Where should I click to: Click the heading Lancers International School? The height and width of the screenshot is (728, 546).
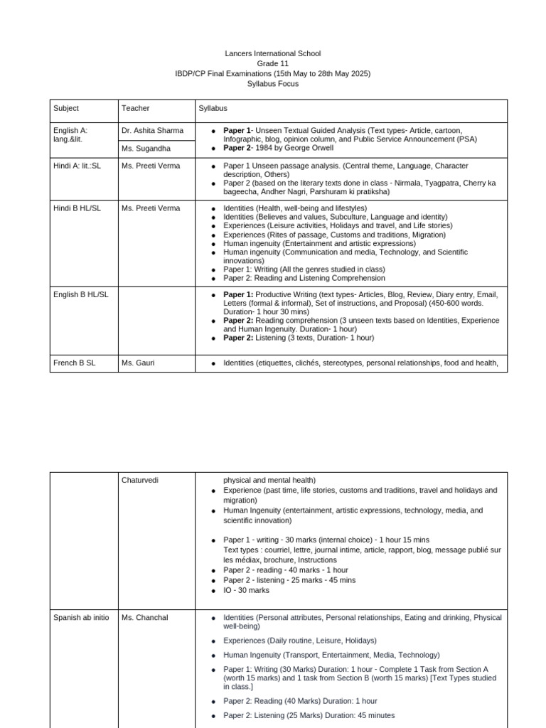click(x=273, y=53)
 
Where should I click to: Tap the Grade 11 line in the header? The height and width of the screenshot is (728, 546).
click(x=273, y=63)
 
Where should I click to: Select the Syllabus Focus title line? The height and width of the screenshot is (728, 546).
click(x=273, y=83)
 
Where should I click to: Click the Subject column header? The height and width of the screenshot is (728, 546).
click(x=66, y=108)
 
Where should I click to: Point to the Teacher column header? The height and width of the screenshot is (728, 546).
click(x=136, y=108)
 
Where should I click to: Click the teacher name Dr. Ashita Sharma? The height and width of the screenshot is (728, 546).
click(x=152, y=130)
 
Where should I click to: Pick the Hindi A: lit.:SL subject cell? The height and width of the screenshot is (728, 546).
click(x=77, y=166)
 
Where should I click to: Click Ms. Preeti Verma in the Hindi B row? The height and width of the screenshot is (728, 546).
click(x=151, y=208)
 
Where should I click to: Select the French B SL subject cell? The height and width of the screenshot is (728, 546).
click(x=74, y=363)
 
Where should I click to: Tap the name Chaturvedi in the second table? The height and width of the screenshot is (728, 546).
click(x=140, y=480)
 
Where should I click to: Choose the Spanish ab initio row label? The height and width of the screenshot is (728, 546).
click(x=81, y=618)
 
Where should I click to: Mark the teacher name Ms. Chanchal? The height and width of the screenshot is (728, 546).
click(x=145, y=618)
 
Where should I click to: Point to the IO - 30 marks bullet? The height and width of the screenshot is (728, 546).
click(x=247, y=590)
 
